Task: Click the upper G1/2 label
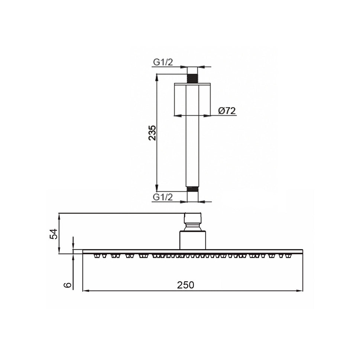[164, 62]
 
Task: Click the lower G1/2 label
[164, 197]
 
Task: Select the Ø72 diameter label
[227, 111]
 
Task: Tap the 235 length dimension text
[152, 133]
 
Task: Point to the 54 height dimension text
[54, 234]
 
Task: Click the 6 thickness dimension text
[67, 285]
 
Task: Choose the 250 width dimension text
[185, 285]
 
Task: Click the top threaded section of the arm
[192, 78]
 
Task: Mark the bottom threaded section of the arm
[192, 189]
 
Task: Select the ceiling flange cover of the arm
[192, 99]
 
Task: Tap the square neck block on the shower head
[192, 240]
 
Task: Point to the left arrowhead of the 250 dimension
[85, 291]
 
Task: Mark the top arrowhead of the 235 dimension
[157, 77]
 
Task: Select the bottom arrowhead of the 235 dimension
[157, 189]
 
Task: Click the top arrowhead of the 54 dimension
[59, 215]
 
